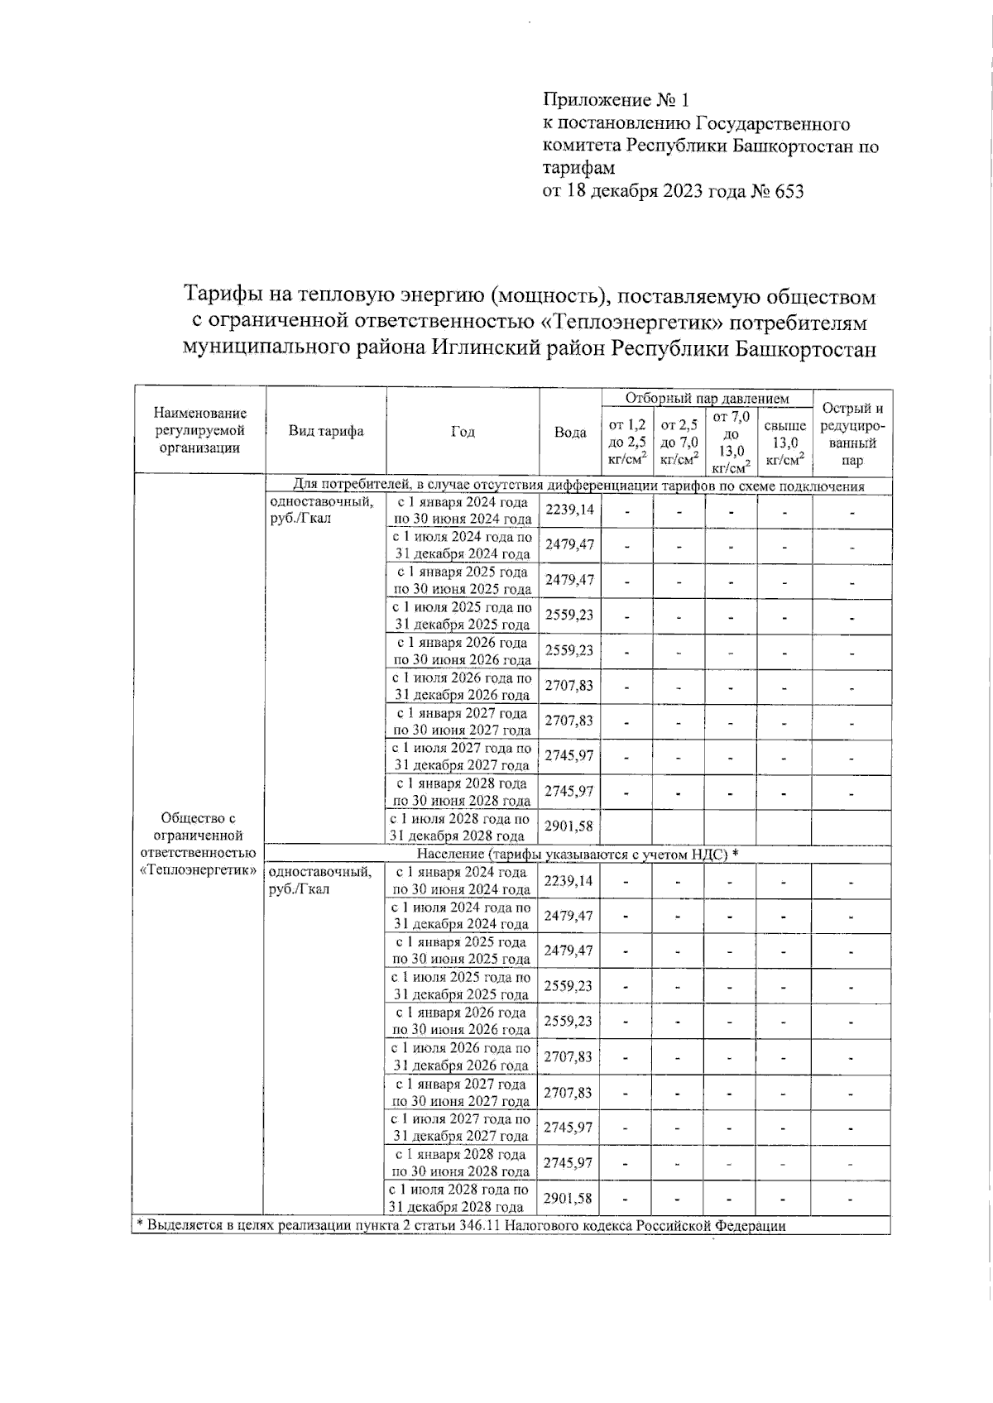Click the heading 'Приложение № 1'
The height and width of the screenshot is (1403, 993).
tap(616, 101)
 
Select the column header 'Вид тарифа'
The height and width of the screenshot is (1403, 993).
tap(326, 431)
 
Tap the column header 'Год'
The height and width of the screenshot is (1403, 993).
tap(463, 432)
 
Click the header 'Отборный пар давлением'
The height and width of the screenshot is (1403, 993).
tap(707, 399)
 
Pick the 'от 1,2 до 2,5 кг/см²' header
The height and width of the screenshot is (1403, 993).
tap(627, 442)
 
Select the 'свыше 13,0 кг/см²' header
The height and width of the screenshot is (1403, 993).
tap(784, 442)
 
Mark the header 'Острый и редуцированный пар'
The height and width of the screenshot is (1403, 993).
tap(852, 434)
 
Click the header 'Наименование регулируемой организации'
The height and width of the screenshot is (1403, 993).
tap(200, 430)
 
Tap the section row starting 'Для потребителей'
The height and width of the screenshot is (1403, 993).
tap(578, 486)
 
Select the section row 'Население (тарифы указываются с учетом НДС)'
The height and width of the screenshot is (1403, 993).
tap(577, 854)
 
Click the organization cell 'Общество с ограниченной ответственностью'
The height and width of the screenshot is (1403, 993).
tap(199, 844)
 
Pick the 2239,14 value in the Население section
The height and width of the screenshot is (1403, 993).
tap(568, 881)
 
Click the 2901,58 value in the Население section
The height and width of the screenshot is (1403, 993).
tap(568, 1198)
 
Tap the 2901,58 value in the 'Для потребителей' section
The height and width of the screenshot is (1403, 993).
tap(568, 826)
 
